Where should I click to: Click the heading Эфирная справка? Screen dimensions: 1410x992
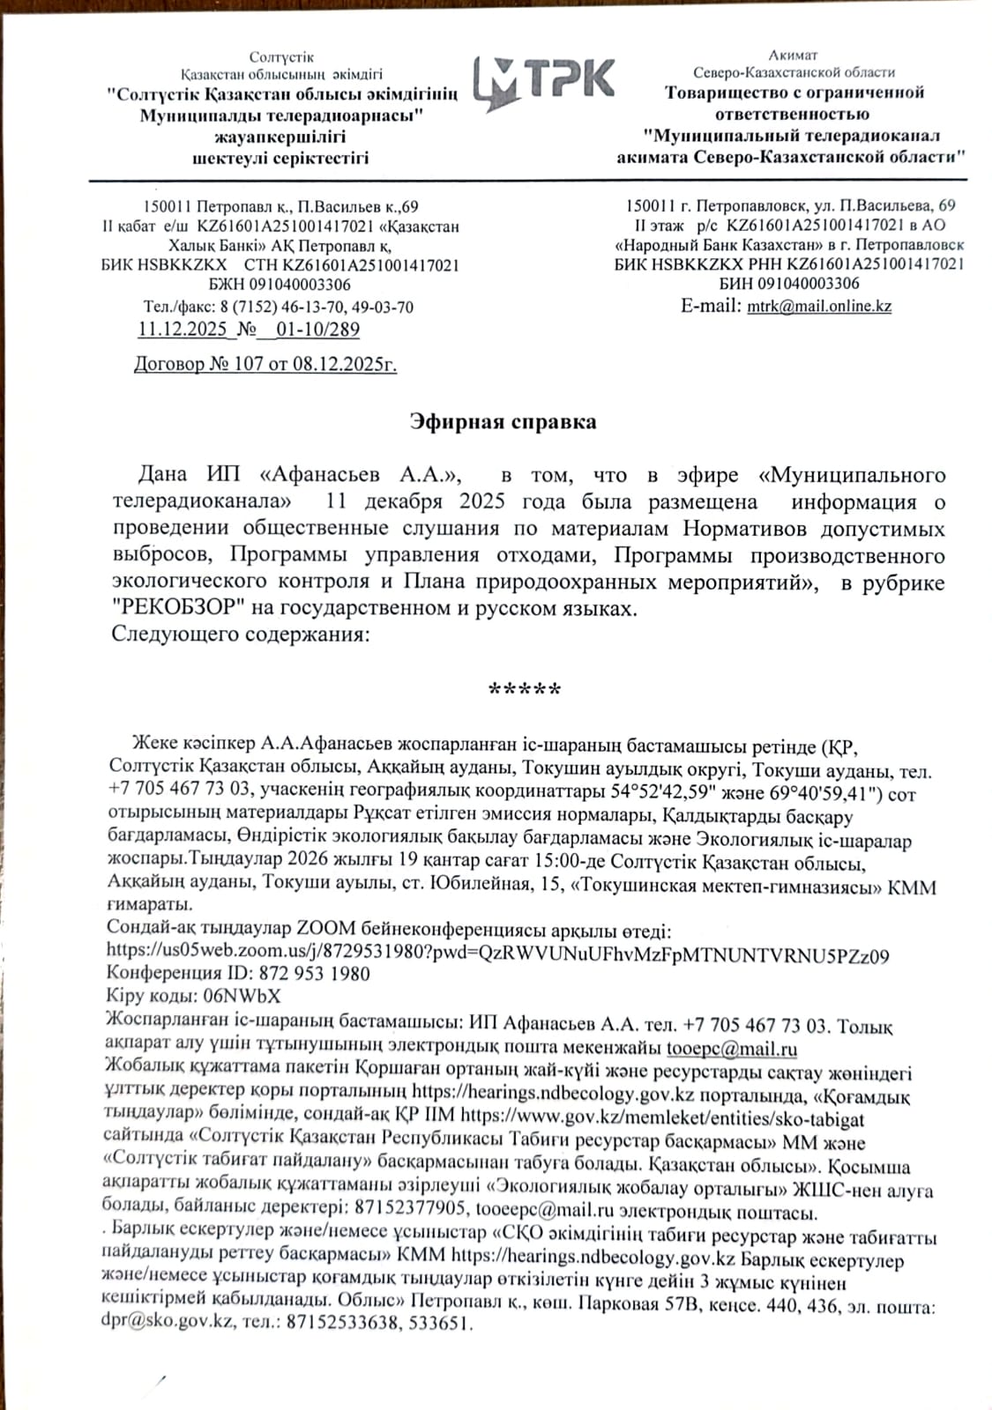(503, 421)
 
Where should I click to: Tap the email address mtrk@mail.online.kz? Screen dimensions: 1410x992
(819, 307)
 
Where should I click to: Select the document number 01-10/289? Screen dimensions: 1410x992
(317, 330)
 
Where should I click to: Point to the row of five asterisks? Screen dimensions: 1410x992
(525, 689)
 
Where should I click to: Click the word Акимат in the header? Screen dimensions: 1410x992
(793, 55)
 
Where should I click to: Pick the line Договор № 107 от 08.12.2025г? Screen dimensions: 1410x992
(265, 364)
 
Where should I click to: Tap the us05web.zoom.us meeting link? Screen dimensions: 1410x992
(497, 954)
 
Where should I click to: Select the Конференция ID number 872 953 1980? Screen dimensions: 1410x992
(314, 974)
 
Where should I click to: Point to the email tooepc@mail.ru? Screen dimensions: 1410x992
(732, 1049)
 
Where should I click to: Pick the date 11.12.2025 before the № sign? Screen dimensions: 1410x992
(183, 330)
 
